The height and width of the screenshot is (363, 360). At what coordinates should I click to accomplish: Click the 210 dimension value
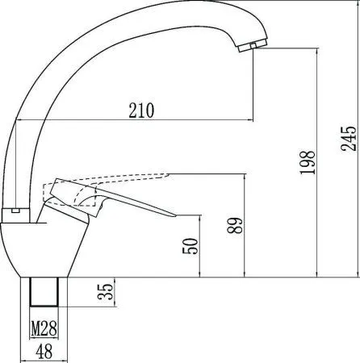142,110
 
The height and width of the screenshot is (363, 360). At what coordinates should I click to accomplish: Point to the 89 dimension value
233,226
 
